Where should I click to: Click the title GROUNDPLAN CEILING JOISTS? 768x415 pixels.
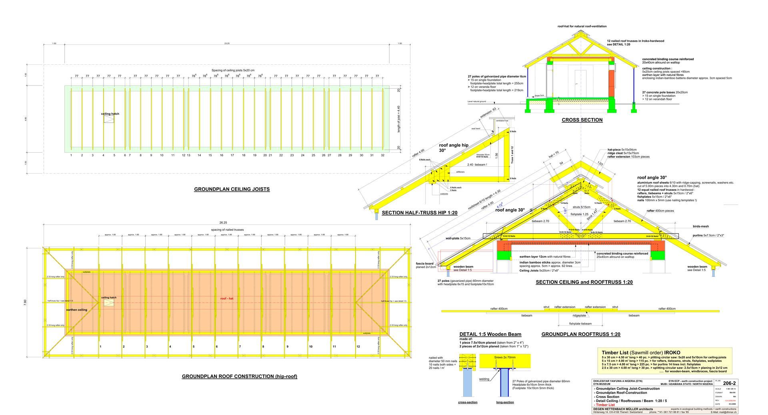[x=232, y=189]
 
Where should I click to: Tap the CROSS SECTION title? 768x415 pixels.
[x=582, y=120]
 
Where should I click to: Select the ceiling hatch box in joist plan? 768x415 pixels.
[x=109, y=119]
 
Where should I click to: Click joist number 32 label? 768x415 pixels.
[x=382, y=155]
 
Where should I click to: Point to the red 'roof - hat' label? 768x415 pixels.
[x=226, y=298]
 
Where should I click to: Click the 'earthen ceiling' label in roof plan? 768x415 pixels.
[x=76, y=310]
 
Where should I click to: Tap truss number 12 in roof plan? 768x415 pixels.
[x=358, y=347]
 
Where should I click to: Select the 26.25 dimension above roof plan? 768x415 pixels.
[x=223, y=223]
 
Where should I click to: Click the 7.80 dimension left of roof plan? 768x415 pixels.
[x=25, y=302]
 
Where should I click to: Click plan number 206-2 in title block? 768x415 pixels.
[x=730, y=383]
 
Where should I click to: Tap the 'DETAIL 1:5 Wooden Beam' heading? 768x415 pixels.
[x=490, y=334]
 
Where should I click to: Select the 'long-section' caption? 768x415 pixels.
[x=505, y=402]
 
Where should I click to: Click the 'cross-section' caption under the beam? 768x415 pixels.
[x=468, y=402]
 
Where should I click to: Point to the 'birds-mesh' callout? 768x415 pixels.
[x=701, y=226]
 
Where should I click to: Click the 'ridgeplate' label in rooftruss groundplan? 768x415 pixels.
[x=579, y=315]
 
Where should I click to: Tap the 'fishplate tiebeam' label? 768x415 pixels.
[x=580, y=323]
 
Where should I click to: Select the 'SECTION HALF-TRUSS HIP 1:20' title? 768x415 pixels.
[x=419, y=213]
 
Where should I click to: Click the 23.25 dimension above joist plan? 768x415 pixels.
[x=227, y=43]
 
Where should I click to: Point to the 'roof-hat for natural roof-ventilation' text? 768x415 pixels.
[x=582, y=26]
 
